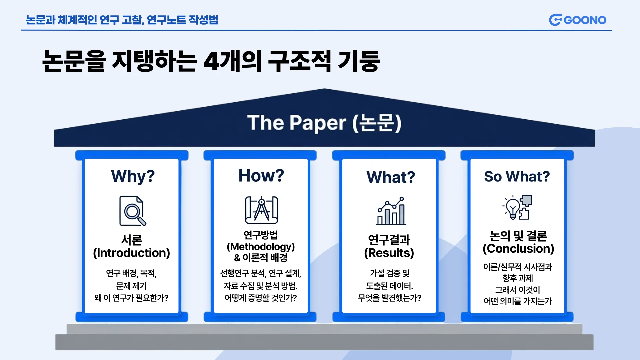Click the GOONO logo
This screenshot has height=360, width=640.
578,20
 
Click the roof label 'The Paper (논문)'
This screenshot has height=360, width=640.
324,123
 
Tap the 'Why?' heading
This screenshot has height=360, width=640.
133,176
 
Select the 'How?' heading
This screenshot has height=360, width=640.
261,175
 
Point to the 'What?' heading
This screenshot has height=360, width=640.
391,177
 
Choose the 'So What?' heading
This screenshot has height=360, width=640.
517,176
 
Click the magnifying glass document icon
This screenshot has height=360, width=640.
133,211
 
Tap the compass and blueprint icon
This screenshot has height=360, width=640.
262,210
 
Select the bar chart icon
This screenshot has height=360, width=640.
391,211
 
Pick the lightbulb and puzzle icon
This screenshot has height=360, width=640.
517,207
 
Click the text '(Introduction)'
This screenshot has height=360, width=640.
132,253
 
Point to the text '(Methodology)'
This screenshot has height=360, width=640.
261,247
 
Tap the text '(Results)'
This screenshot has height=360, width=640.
389,253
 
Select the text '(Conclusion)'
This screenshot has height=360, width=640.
518,249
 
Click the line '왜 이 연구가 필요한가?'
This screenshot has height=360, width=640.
131,298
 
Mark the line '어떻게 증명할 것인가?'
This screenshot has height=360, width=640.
261,298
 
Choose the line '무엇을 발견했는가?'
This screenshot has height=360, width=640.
390,298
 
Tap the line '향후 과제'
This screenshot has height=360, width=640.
518,278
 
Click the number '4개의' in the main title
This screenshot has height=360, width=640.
232,61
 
